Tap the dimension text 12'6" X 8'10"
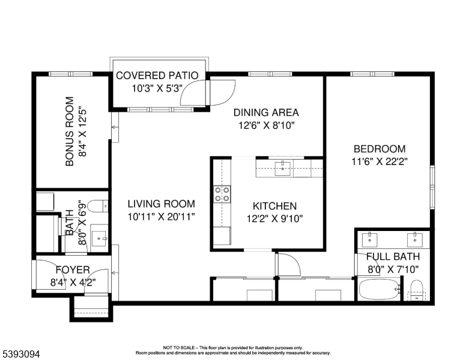[265, 125]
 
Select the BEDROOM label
[379, 149]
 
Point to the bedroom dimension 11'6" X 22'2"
[379, 161]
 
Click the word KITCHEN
[274, 206]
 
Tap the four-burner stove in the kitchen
[222, 193]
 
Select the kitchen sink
[282, 168]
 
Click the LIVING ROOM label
[161, 204]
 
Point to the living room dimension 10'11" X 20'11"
[161, 217]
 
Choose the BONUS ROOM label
[70, 131]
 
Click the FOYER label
[73, 270]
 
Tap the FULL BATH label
[393, 257]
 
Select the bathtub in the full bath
[378, 290]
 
